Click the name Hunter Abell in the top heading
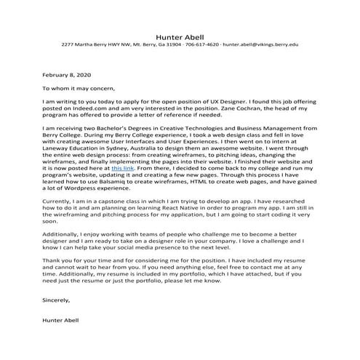click(180, 36)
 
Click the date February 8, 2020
click(66, 75)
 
